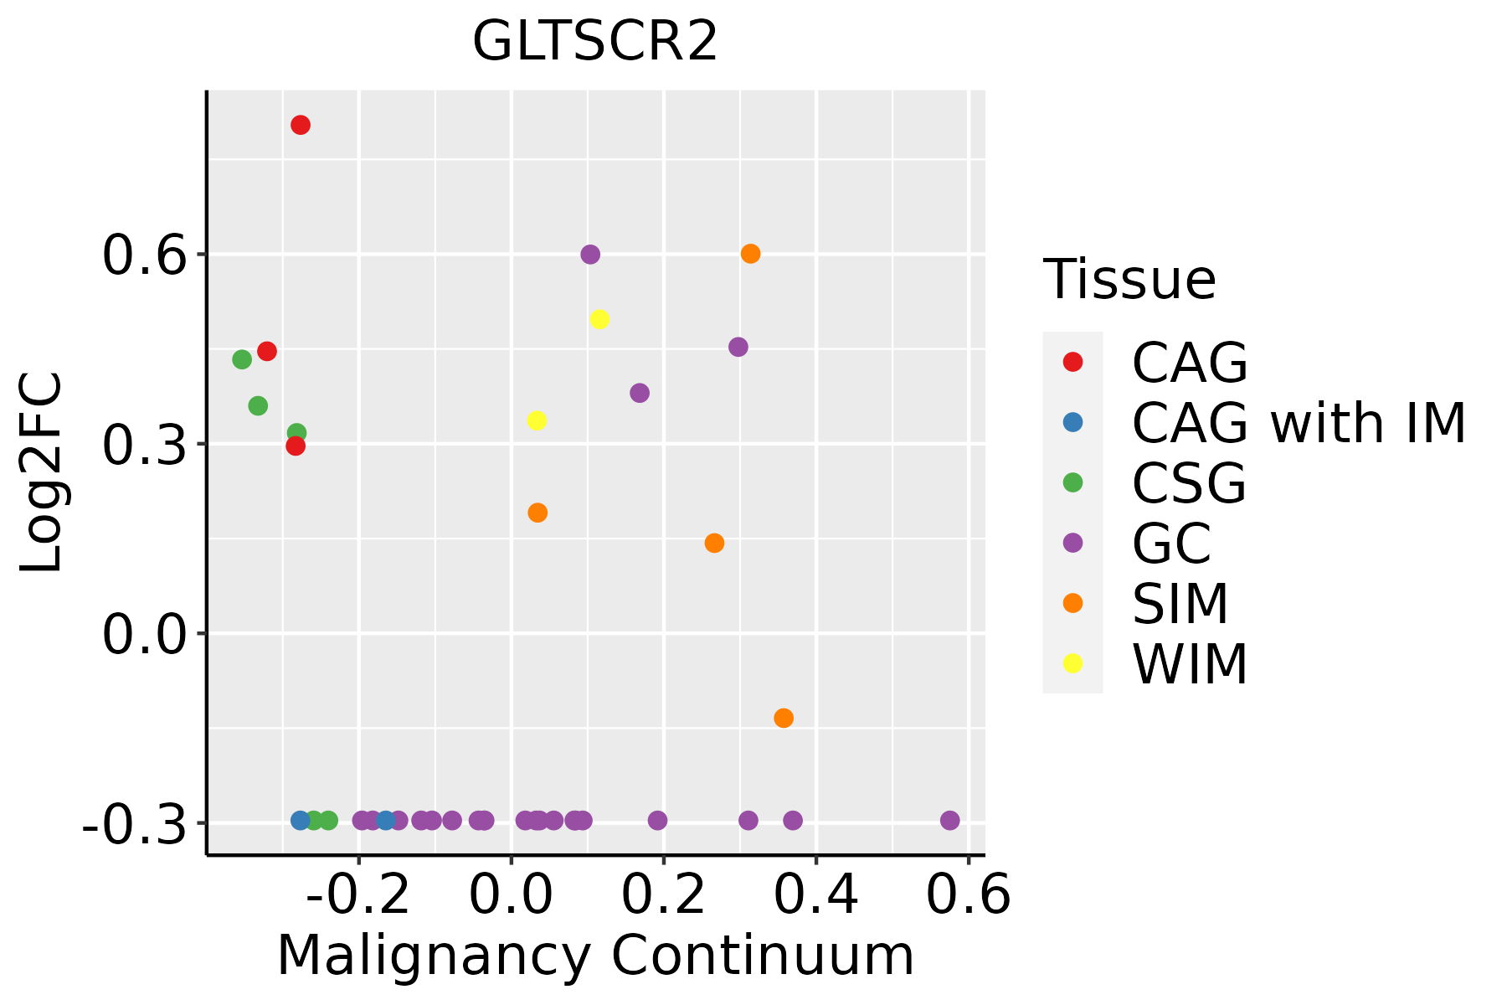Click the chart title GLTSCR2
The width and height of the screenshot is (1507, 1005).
point(595,41)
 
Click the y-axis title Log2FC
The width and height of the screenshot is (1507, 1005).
point(42,473)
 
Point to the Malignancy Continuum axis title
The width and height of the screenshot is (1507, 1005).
point(595,956)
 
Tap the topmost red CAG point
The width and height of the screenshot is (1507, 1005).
point(301,125)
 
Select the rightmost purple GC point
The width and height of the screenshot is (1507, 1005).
point(949,820)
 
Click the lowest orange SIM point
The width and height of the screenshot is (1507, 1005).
point(784,718)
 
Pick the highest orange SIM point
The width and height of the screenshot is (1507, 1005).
point(750,254)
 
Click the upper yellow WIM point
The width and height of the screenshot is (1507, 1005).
point(599,319)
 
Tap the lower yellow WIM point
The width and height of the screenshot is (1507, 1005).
point(537,420)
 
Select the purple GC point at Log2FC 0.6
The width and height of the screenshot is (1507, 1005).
point(590,255)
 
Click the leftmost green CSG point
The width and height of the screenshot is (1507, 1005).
point(242,359)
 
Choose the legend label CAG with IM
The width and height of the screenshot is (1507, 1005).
point(1299,423)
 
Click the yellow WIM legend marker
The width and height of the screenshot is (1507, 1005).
point(1072,663)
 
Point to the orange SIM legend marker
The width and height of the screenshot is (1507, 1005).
point(1072,603)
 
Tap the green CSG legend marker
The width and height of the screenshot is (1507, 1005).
point(1072,482)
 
